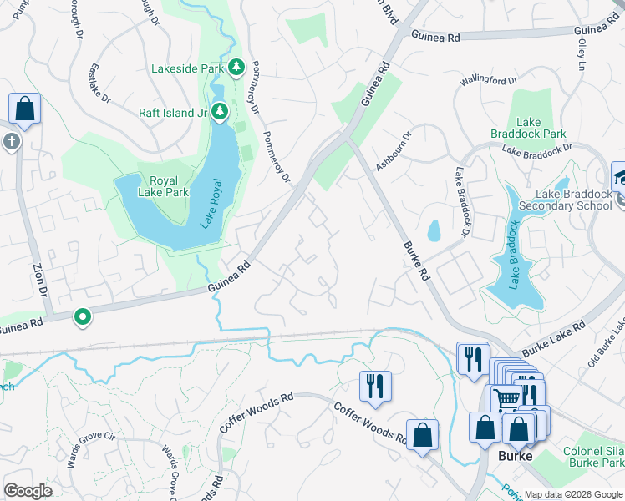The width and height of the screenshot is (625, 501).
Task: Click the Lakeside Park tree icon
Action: [x=236, y=67]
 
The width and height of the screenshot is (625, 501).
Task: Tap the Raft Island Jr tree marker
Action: [x=220, y=111]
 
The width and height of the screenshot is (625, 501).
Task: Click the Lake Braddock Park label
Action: [x=541, y=128]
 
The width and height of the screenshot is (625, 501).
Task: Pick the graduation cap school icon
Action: [x=619, y=176]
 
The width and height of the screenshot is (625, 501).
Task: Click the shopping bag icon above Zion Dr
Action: [x=24, y=109]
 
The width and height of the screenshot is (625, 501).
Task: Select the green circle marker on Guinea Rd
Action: [x=82, y=316]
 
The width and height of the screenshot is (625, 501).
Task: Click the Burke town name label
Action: [x=515, y=457]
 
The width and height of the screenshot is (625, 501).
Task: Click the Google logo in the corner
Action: [x=28, y=491]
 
